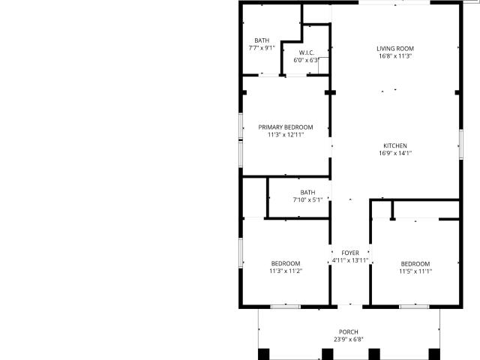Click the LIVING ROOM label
pos(395,49)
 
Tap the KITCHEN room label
pos(395,145)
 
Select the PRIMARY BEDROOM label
pos(286,127)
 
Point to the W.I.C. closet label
pos(307,52)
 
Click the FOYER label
pos(350,253)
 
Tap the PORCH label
pos(349,331)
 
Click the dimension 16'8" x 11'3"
pos(395,56)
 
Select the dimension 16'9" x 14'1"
pos(395,153)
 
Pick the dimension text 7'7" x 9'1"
pos(262,48)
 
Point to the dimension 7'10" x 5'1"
pos(307,200)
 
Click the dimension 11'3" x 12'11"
pos(286,135)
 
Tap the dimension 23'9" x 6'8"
pos(349,339)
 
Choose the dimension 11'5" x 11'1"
pos(415,271)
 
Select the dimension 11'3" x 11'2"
pos(286,271)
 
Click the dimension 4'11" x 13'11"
pos(350,260)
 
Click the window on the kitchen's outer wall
pos(461,144)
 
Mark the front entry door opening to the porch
pos(350,307)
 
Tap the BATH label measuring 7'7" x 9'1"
pos(262,40)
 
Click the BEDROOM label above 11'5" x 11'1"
pos(415,264)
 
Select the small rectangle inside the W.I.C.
pos(323,65)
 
